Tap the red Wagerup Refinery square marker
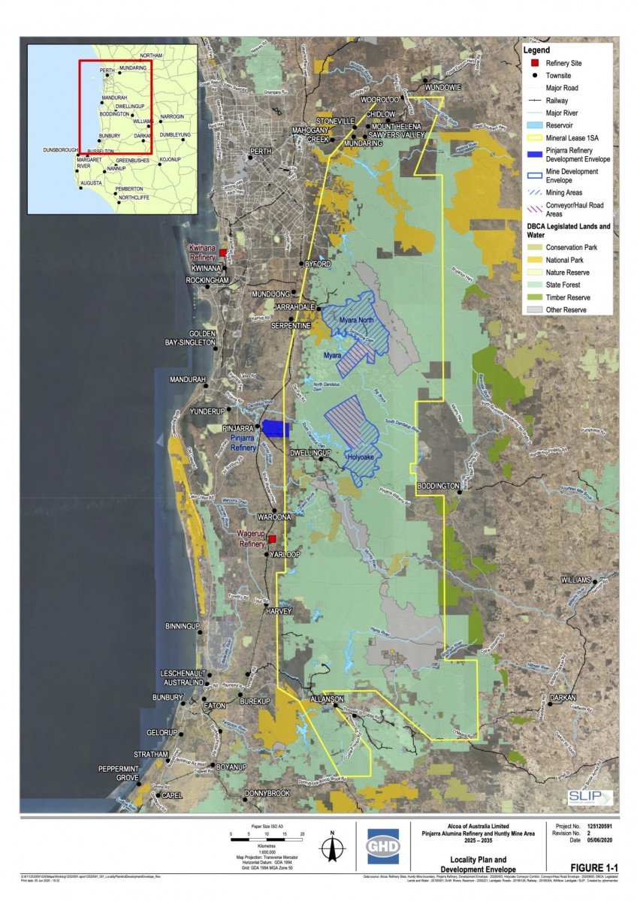(272, 539)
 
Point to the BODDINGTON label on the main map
(437, 487)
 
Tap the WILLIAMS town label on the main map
(576, 580)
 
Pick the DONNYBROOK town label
(267, 793)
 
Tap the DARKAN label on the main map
(563, 698)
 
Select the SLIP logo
(590, 797)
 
